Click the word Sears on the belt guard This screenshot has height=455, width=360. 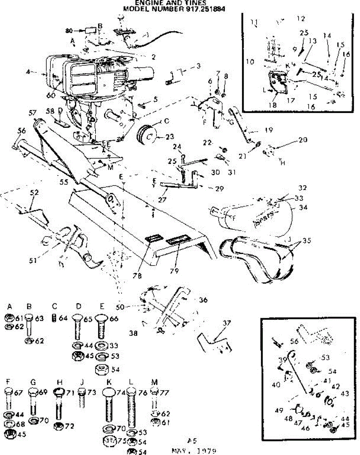(265, 220)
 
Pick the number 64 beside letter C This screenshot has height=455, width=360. (63, 318)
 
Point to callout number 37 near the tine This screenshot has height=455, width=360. (226, 323)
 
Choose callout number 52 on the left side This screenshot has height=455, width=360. (34, 193)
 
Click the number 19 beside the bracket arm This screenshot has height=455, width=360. (269, 130)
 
